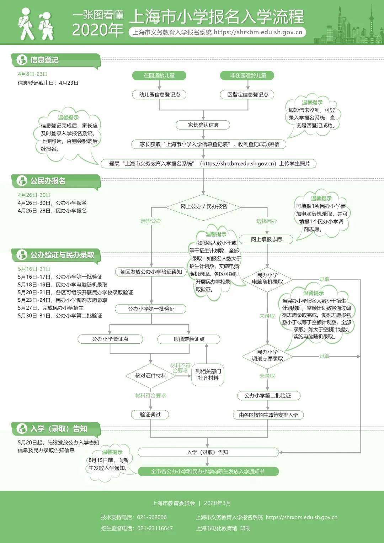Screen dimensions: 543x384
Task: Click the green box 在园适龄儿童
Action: tap(159, 75)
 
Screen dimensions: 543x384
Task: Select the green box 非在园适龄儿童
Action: tap(248, 75)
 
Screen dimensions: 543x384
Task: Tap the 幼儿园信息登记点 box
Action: tap(159, 95)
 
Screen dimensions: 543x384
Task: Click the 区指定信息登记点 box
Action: tap(248, 95)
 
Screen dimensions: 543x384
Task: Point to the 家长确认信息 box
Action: tap(203, 125)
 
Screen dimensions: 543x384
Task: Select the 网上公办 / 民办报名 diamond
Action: tap(203, 206)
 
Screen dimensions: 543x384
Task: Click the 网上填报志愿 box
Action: tap(266, 239)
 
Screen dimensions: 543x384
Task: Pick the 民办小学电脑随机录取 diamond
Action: tap(267, 279)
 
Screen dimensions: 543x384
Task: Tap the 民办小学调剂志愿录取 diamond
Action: tap(267, 355)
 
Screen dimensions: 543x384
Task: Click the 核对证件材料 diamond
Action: tap(151, 375)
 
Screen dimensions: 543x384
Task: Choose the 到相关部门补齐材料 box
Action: tap(208, 375)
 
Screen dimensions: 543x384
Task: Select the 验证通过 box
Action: tap(150, 415)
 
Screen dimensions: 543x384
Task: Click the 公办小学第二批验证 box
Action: tap(267, 396)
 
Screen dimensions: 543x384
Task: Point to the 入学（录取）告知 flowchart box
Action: tap(208, 452)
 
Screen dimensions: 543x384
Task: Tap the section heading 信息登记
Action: tap(44, 60)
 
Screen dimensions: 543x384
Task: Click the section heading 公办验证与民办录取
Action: tap(62, 255)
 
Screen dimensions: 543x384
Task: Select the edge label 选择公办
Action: tap(151, 221)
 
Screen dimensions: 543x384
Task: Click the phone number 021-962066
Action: tap(151, 517)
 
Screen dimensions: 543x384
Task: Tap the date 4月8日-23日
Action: tap(33, 74)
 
